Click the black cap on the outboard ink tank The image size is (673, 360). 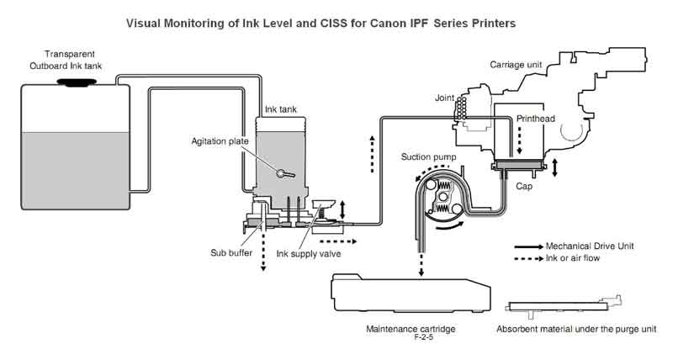(x=77, y=82)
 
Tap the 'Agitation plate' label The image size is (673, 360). (x=220, y=141)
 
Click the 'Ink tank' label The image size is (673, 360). (x=281, y=109)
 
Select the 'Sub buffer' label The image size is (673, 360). (x=231, y=252)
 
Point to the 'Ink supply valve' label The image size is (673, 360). (x=309, y=253)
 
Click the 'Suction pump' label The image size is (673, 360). (x=428, y=157)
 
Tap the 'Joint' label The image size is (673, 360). (x=445, y=98)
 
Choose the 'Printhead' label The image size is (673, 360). (x=536, y=119)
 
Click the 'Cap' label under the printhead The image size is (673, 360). (x=524, y=186)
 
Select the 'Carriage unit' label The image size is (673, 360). (x=516, y=65)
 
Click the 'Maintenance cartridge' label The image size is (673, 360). (x=411, y=329)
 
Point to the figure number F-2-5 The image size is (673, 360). (x=424, y=337)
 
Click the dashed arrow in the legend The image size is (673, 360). (x=529, y=259)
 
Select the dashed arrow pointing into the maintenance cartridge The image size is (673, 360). (x=421, y=265)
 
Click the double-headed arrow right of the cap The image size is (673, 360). (x=555, y=167)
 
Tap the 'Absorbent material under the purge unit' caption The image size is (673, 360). (x=576, y=329)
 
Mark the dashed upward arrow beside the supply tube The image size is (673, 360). (x=372, y=154)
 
